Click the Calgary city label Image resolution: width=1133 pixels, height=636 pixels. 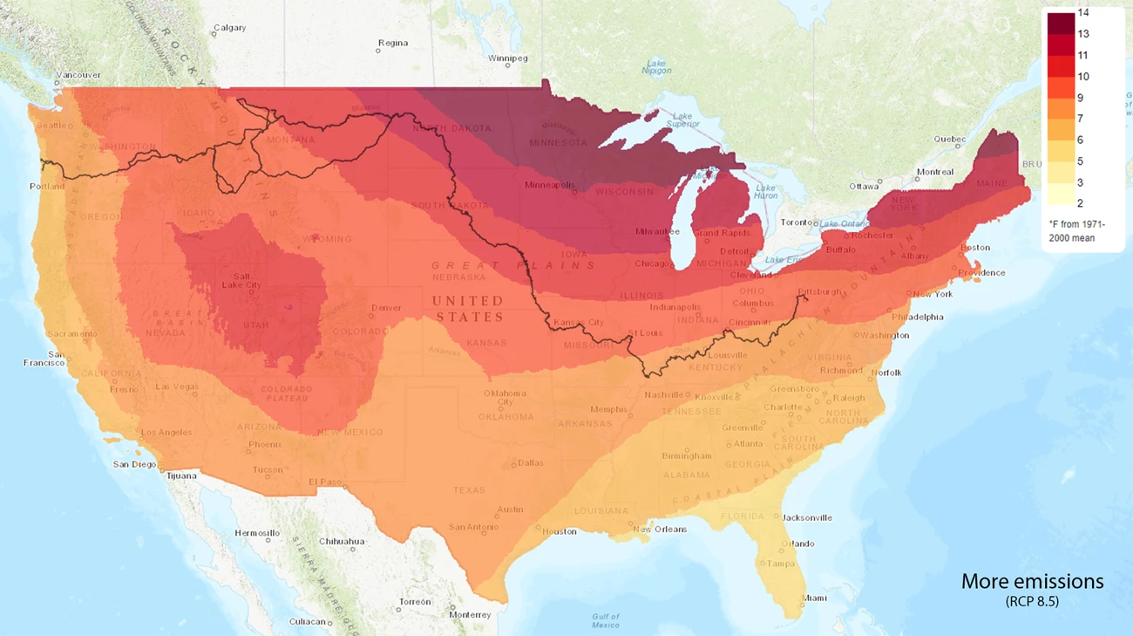pyautogui.click(x=229, y=28)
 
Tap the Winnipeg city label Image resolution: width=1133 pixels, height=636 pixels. pyautogui.click(x=508, y=58)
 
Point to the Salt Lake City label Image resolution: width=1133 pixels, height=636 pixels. pyautogui.click(x=241, y=280)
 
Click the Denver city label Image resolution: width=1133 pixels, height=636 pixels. pyautogui.click(x=386, y=308)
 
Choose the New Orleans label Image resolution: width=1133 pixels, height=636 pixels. pyautogui.click(x=660, y=529)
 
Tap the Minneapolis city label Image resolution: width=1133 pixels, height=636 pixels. pyautogui.click(x=549, y=185)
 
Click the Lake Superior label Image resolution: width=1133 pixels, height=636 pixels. pyautogui.click(x=682, y=120)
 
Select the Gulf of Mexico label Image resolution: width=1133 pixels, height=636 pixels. pyautogui.click(x=606, y=620)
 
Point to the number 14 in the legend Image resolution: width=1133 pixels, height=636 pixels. pyautogui.click(x=1083, y=12)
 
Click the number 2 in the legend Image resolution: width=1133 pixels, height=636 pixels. pyautogui.click(x=1082, y=203)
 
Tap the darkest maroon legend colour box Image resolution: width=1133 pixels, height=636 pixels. pyautogui.click(x=1061, y=23)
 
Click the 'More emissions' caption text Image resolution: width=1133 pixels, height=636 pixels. pyautogui.click(x=1032, y=581)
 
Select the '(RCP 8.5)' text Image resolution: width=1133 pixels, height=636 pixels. pyautogui.click(x=1032, y=601)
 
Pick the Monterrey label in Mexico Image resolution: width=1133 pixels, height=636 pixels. pyautogui.click(x=471, y=614)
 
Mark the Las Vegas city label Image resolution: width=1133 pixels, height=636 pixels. pyautogui.click(x=176, y=386)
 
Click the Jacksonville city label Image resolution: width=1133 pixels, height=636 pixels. pyautogui.click(x=807, y=517)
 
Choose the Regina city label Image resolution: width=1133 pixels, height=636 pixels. pyautogui.click(x=392, y=42)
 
